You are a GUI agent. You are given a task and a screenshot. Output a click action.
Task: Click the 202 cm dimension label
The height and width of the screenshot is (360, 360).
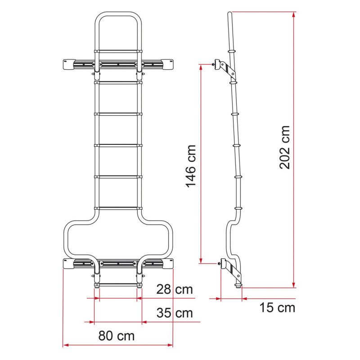point(285,147)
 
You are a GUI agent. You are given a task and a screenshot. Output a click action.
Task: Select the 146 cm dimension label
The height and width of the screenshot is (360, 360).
point(191,166)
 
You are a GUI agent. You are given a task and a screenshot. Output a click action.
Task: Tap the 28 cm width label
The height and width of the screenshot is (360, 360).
point(175,289)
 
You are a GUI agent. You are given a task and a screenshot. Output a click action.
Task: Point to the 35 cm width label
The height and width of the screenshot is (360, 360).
point(175,313)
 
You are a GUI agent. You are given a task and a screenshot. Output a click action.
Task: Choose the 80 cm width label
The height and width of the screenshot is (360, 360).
point(117,336)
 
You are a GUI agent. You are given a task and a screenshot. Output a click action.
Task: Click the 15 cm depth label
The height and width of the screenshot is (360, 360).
point(277,307)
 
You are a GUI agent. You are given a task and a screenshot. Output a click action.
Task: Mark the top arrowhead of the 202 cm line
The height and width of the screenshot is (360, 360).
point(294,14)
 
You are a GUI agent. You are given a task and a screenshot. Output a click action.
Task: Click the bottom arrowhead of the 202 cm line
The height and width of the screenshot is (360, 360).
point(294,285)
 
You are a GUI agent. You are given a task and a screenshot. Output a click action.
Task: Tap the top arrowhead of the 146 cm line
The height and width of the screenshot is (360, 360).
point(201,67)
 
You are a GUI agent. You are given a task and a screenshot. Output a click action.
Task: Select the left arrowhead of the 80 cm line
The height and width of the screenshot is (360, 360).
point(66,345)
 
